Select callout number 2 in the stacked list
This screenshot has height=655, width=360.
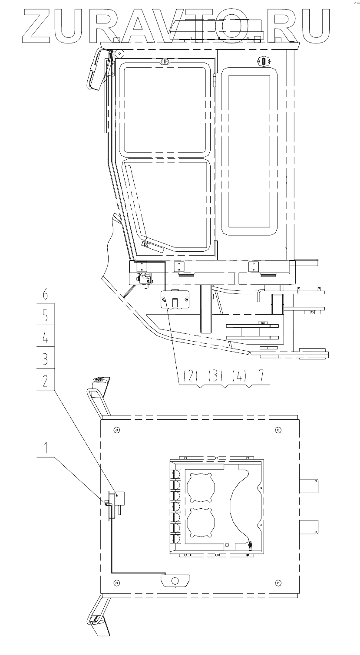45,381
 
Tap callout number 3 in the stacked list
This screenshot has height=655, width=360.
45,359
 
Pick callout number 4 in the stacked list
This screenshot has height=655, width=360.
45,337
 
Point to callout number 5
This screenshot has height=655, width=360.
45,316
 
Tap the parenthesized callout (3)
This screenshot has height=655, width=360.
215,375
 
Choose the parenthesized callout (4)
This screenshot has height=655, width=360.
239,375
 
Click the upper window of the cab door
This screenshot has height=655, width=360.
165,109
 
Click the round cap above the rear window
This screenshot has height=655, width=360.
264,62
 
